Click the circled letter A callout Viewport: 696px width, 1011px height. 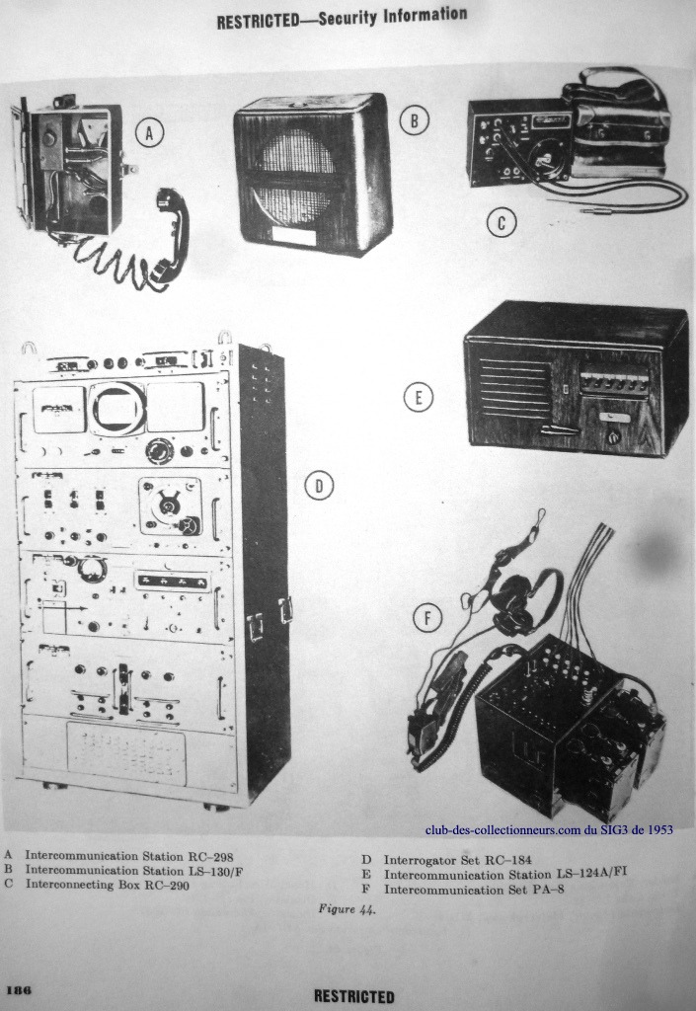(x=149, y=133)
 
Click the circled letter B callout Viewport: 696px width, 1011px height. (x=415, y=119)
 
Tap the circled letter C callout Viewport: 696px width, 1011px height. (x=502, y=223)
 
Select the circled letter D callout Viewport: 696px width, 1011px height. (x=318, y=486)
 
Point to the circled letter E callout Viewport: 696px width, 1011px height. (x=419, y=397)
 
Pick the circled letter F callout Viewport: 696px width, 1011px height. (x=427, y=619)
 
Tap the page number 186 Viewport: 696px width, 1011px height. (x=19, y=989)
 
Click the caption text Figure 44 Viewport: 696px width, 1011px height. (x=347, y=909)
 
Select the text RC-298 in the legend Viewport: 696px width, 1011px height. (x=210, y=857)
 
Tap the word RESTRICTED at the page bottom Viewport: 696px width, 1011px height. (x=353, y=997)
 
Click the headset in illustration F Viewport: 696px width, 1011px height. (x=515, y=596)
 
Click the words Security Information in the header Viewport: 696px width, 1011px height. (x=393, y=16)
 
